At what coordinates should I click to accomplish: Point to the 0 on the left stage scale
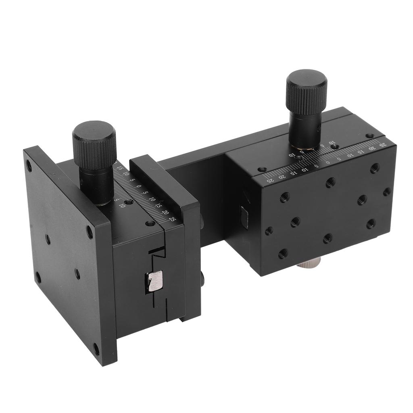tap(139, 186)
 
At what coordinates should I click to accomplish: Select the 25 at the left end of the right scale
tap(272, 181)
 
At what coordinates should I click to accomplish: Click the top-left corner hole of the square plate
tap(29, 165)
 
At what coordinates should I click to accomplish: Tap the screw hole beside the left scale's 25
tap(150, 223)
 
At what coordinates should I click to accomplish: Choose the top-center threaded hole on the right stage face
tap(330, 182)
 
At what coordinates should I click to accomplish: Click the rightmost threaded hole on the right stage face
tap(386, 192)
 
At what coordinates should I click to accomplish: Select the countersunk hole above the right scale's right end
tap(369, 136)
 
